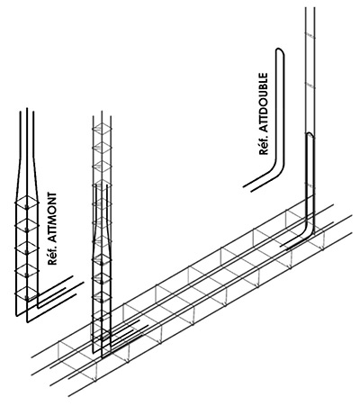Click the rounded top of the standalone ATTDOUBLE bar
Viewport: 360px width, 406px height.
tap(280, 51)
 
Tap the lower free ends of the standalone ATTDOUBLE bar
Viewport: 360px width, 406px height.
tap(247, 188)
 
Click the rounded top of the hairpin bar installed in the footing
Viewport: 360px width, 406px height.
tap(310, 134)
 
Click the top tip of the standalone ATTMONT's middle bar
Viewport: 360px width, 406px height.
tap(27, 109)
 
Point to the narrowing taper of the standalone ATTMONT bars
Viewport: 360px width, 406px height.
tap(27, 177)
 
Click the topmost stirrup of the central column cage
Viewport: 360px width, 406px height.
tap(102, 129)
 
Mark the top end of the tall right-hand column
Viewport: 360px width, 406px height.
tap(310, 8)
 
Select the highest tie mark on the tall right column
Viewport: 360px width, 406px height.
tap(310, 36)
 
